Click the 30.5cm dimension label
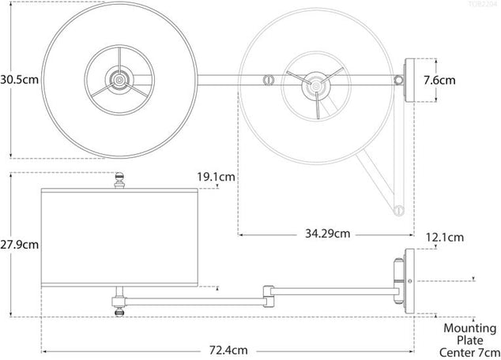(x=19, y=80)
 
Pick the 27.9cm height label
(x=19, y=245)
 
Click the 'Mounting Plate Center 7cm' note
(x=469, y=339)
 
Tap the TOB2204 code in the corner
(x=482, y=5)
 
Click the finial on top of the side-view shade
(x=120, y=181)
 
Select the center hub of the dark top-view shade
(x=119, y=79)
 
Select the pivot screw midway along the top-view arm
(x=267, y=80)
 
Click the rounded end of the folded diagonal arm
(x=399, y=210)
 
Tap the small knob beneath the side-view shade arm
(x=119, y=312)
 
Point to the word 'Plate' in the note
(x=469, y=339)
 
